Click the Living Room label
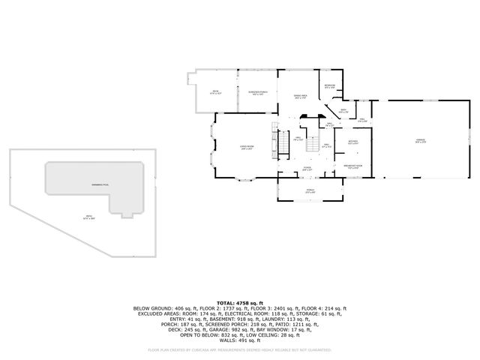pos(244,148)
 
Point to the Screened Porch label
pos(257,93)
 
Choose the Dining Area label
pos(300,97)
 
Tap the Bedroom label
pos(329,86)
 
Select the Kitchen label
pos(353,142)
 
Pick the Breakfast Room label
pos(353,166)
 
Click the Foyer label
pos(307,170)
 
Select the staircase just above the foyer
pos(310,148)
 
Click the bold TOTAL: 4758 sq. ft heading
pos(239,302)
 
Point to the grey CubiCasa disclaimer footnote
pos(239,349)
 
